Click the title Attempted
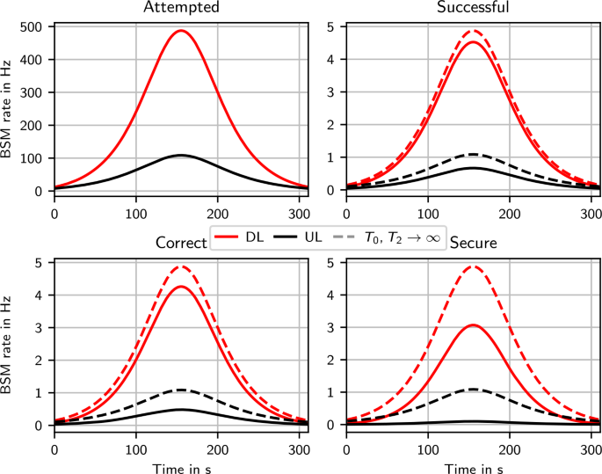[x=180, y=7]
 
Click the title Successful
[x=474, y=7]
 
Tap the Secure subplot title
[x=474, y=243]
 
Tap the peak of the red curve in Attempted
[x=180, y=30]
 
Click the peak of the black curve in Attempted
[x=180, y=155]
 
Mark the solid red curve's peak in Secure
[x=474, y=325]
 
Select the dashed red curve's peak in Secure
[x=474, y=266]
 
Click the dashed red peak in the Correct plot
[x=180, y=266]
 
